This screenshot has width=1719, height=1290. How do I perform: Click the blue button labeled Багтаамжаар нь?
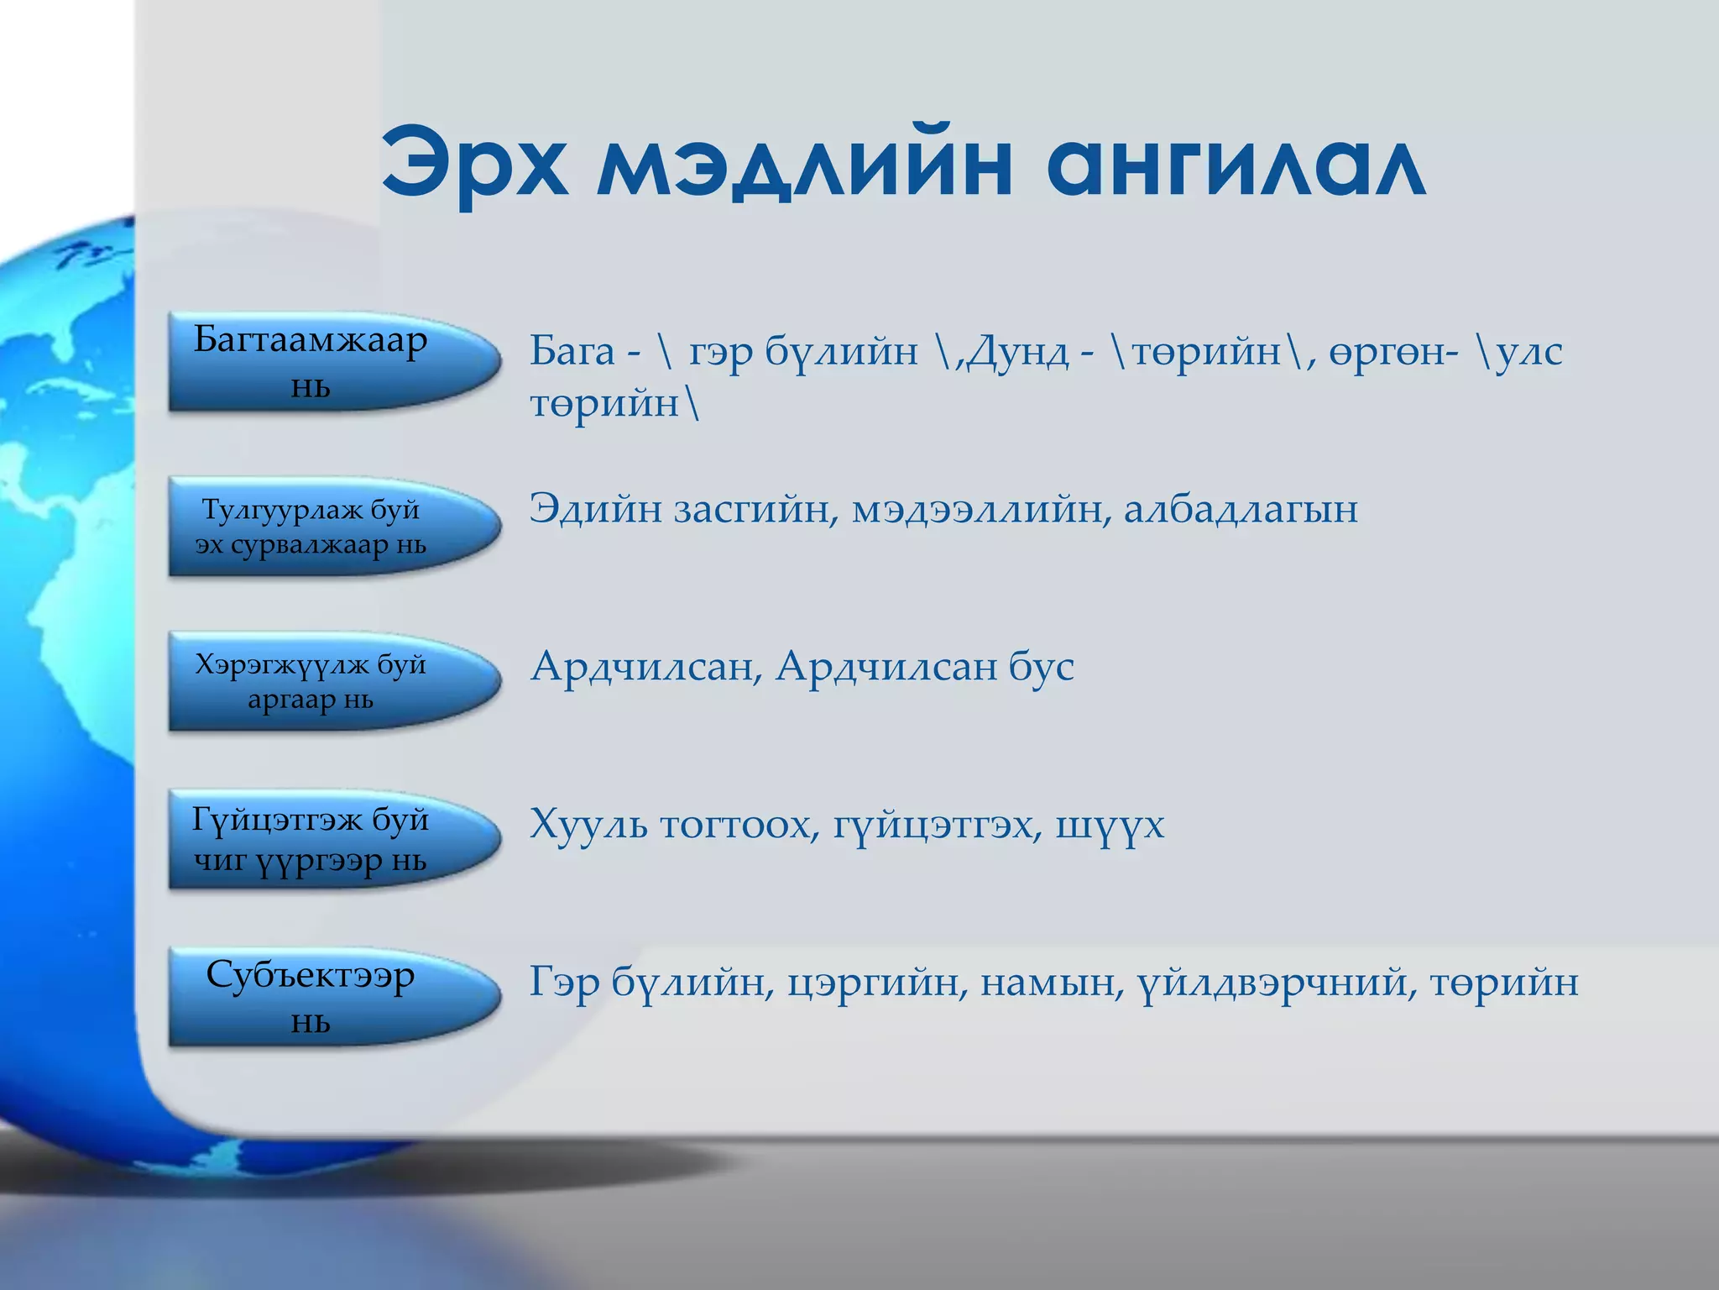coord(327,362)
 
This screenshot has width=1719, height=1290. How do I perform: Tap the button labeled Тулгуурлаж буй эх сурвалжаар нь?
coord(327,526)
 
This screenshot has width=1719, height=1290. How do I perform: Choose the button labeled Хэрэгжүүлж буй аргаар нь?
coord(327,681)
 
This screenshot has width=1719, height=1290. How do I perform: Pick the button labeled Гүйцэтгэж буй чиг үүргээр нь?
coord(327,838)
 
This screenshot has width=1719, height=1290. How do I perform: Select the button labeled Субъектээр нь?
coord(327,996)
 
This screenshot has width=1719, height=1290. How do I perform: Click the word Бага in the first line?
coord(572,351)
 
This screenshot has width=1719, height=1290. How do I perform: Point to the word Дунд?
coord(1017,351)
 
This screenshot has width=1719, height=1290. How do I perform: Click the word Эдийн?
coord(595,509)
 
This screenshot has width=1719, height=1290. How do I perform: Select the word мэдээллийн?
coord(977,509)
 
